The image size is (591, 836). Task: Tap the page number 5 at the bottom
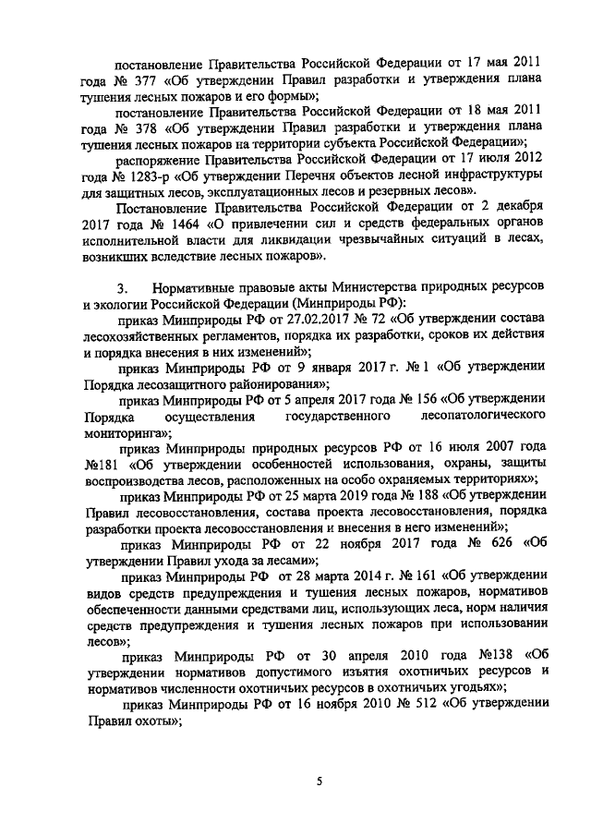click(319, 781)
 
